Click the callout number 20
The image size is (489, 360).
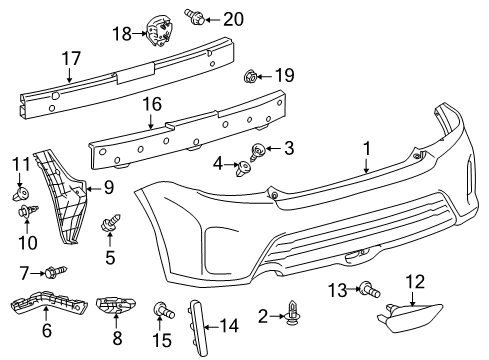click(233, 19)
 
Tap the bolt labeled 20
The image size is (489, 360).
click(195, 16)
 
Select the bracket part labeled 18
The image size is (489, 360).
click(160, 30)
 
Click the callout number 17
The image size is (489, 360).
click(71, 59)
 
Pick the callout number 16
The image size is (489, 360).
click(152, 104)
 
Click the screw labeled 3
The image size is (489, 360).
click(257, 152)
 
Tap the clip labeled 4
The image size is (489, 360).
click(243, 168)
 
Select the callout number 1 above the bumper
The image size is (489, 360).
click(367, 149)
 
